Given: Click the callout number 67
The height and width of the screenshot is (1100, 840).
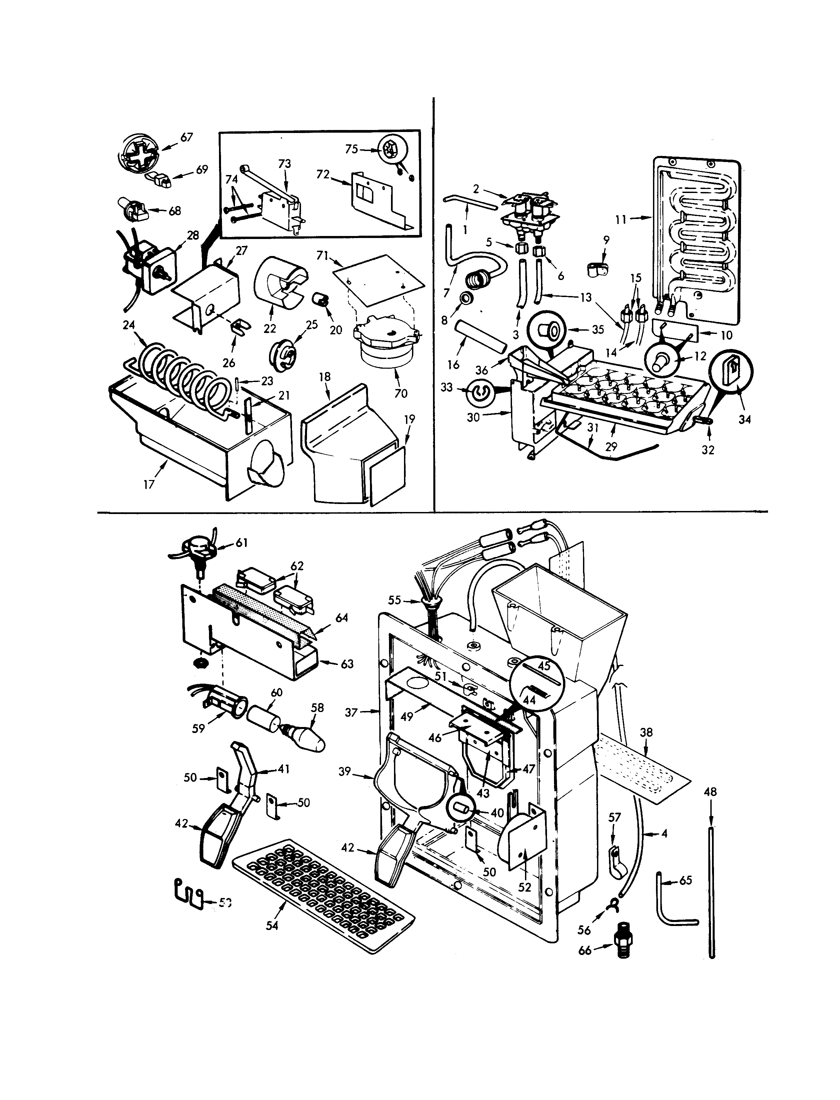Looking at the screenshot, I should tap(187, 137).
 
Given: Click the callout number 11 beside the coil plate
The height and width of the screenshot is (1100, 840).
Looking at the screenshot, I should tap(621, 219).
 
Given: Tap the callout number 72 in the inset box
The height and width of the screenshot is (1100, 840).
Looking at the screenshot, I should tap(323, 175).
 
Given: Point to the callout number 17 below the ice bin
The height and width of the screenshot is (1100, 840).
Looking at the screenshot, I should tap(149, 484).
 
